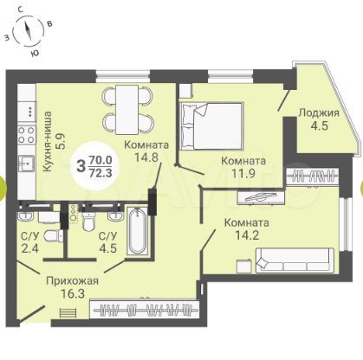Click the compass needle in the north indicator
[x=29, y=31]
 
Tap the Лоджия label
[x=319, y=113]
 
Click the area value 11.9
[x=243, y=173]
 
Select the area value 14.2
[x=247, y=235]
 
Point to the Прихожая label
[x=73, y=280]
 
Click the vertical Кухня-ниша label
[x=49, y=142]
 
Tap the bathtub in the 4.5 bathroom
[x=138, y=231]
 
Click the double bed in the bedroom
[x=211, y=126]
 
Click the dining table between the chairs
[x=128, y=110]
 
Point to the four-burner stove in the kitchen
[x=27, y=135]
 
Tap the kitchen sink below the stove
[x=27, y=164]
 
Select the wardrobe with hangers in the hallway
[x=145, y=310]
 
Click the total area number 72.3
[x=100, y=173]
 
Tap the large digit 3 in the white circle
[x=81, y=166]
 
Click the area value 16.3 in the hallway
[x=73, y=294]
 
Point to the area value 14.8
[x=146, y=157]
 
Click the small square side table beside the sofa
[x=243, y=267]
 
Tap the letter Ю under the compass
[x=35, y=53]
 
